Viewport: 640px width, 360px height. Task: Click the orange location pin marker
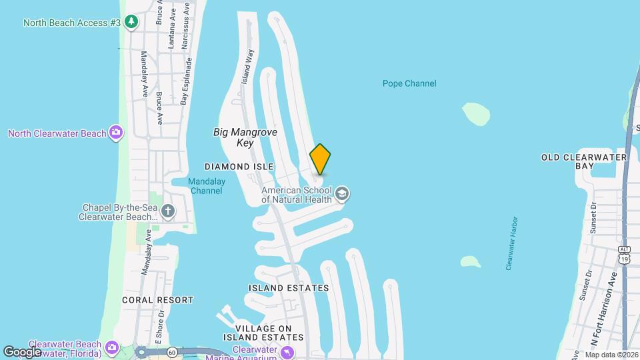click(x=320, y=159)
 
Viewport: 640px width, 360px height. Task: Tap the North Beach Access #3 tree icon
click(x=132, y=23)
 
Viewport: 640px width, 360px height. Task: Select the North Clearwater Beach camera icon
click(x=116, y=133)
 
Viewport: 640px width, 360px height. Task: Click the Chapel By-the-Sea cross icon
click(x=167, y=212)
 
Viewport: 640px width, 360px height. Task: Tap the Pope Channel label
click(x=409, y=83)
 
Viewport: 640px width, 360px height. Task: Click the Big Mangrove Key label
click(x=245, y=137)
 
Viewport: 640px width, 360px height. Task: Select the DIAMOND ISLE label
click(x=239, y=166)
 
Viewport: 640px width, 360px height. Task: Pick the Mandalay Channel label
click(x=206, y=186)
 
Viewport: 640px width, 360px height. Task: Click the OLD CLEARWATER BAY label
click(x=585, y=161)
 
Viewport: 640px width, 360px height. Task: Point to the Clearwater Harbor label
click(x=511, y=243)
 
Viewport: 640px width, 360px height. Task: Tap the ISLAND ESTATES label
click(x=289, y=288)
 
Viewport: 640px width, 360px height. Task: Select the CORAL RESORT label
click(x=157, y=300)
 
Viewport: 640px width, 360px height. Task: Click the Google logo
click(x=22, y=352)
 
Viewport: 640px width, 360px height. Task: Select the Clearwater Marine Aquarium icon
click(x=287, y=351)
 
